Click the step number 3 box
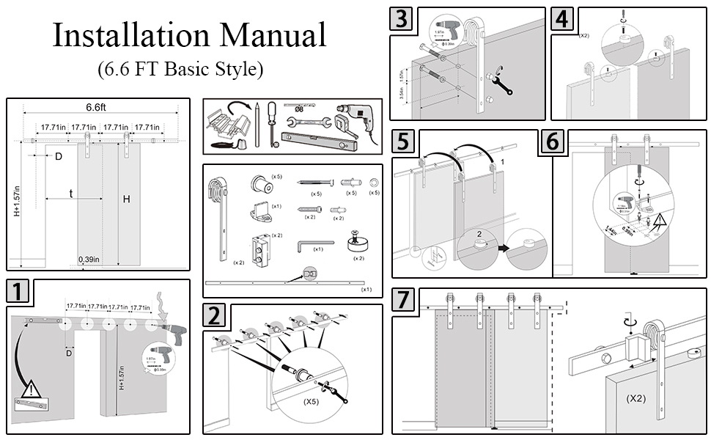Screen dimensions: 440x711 click(x=401, y=19)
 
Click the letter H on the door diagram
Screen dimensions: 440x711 click(x=126, y=199)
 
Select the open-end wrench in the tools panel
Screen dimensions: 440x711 click(x=305, y=122)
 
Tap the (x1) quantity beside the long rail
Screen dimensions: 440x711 click(x=366, y=290)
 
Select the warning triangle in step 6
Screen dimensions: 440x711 click(x=661, y=219)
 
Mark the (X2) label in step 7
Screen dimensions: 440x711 click(x=636, y=399)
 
